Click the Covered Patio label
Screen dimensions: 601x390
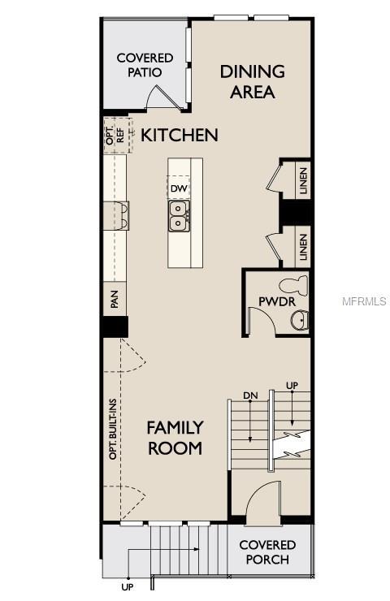click(145, 65)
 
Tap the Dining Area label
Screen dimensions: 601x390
click(253, 81)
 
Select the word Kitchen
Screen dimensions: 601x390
click(180, 135)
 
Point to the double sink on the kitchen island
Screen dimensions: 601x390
click(180, 215)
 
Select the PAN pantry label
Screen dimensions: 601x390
click(115, 300)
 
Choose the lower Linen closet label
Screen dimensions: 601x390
click(302, 246)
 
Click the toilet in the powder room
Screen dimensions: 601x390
click(293, 286)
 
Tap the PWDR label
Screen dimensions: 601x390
click(271, 302)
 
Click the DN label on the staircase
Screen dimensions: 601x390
click(250, 396)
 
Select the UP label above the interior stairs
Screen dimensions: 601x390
click(292, 385)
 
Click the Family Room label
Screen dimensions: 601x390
click(175, 437)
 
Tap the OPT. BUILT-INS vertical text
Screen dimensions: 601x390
click(114, 429)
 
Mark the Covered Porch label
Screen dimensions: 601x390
click(267, 552)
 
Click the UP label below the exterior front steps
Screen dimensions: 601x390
click(128, 586)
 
